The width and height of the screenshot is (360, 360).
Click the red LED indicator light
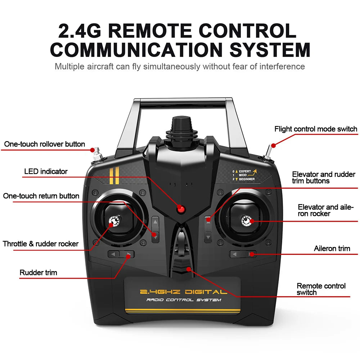click(x=180, y=209)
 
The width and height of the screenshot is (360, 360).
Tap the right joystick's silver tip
click(x=247, y=220)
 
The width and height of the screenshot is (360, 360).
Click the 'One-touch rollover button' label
click(x=45, y=144)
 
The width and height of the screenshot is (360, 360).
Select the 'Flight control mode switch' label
click(x=316, y=129)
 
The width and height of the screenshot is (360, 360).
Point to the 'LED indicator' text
click(x=46, y=171)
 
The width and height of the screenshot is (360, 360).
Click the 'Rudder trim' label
click(x=38, y=273)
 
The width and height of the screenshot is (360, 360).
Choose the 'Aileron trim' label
click(x=332, y=248)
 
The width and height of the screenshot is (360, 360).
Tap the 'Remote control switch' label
click(x=321, y=289)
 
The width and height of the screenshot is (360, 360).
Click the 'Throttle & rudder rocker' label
click(x=41, y=244)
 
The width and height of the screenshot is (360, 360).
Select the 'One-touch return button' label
click(x=41, y=196)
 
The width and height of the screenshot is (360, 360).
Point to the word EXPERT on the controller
click(x=245, y=171)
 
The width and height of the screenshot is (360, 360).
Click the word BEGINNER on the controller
click(x=247, y=179)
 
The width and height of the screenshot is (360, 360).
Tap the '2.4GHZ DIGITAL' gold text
click(x=183, y=292)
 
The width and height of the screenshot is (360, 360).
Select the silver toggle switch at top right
click(x=269, y=153)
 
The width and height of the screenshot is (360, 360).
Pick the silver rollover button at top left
click(x=96, y=154)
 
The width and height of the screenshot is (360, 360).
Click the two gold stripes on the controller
click(x=114, y=176)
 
